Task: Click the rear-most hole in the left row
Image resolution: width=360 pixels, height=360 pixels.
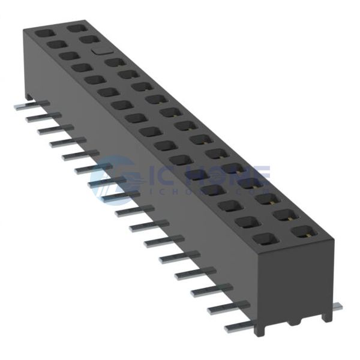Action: tap(43, 34)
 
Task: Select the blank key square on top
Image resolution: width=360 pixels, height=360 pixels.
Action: tap(100, 51)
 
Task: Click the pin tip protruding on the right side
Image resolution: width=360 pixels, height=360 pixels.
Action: tap(337, 307)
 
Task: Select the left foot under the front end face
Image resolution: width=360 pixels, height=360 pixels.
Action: tap(259, 329)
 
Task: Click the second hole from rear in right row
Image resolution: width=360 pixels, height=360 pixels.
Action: tap(89, 40)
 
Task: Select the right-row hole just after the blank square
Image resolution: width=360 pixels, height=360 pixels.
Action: tap(113, 62)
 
